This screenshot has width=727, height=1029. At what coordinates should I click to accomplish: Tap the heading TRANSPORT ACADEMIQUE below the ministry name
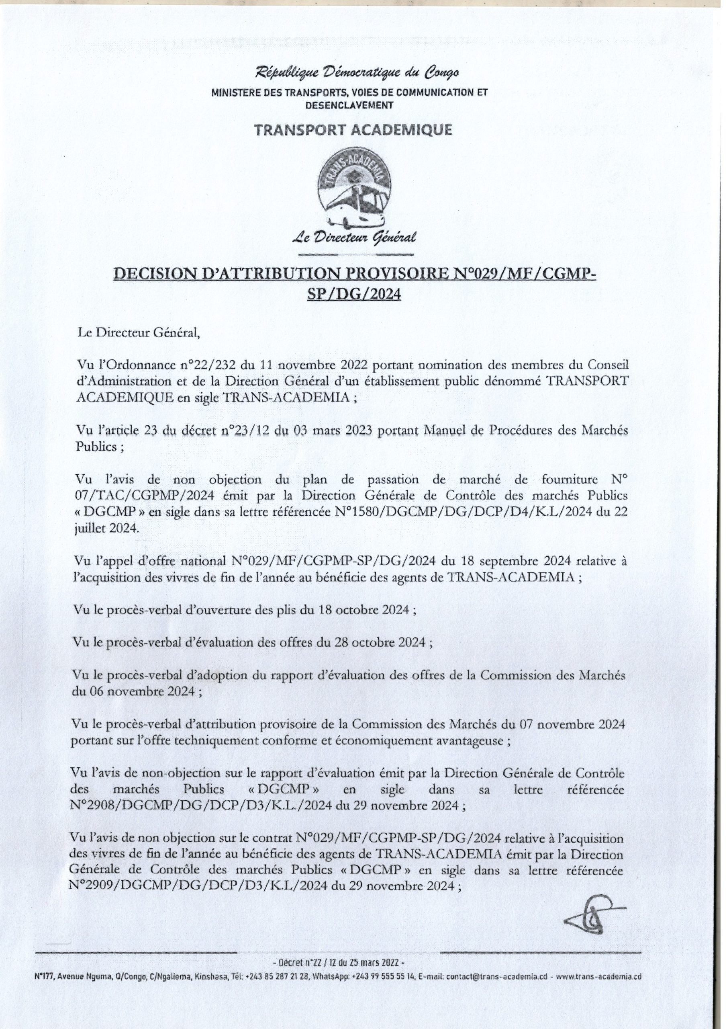[x=353, y=130]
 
